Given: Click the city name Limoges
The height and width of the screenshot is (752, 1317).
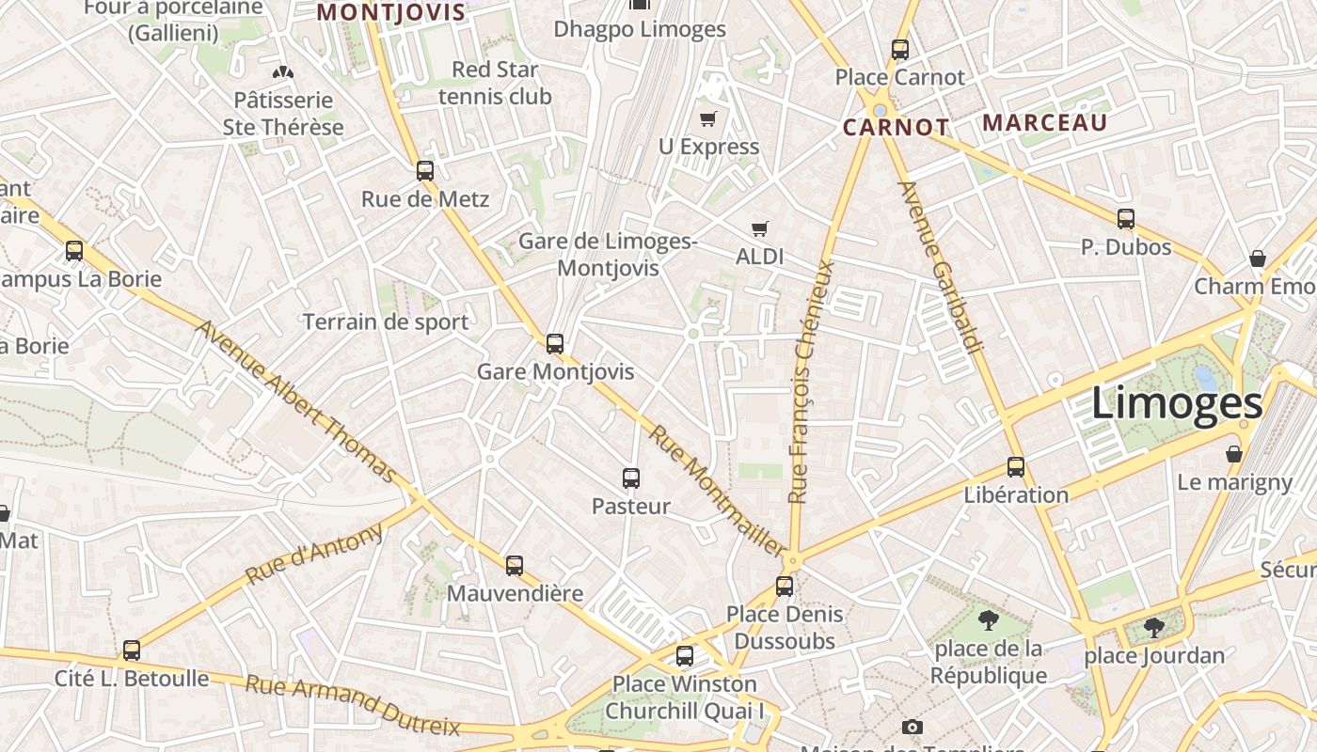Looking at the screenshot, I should [x=1176, y=404].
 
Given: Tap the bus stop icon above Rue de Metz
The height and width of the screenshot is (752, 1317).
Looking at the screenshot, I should [x=425, y=171].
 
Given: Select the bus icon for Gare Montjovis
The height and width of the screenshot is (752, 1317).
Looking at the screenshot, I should [x=555, y=344].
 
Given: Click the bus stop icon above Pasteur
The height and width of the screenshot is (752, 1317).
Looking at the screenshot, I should [x=631, y=478].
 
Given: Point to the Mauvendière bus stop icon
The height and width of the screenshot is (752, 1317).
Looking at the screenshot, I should [x=514, y=566].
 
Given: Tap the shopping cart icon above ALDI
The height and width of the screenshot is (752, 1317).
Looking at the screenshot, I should [x=760, y=228].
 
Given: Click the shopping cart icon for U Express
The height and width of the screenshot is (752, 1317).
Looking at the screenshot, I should [x=708, y=118].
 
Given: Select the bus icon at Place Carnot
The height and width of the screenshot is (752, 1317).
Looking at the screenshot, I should [x=900, y=50].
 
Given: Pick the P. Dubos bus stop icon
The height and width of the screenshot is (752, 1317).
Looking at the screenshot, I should [x=1126, y=219].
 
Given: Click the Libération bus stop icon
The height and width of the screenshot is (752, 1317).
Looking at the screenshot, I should [x=1016, y=467].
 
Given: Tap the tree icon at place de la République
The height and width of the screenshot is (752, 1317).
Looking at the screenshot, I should [x=988, y=620].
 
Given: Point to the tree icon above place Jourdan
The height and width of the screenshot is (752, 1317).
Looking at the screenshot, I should [x=1154, y=627].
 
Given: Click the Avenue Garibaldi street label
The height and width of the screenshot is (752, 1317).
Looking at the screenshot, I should [x=941, y=268].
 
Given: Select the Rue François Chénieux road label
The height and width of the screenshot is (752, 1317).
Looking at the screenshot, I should [x=812, y=381].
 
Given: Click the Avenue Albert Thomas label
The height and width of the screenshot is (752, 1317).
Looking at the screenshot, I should [x=296, y=401].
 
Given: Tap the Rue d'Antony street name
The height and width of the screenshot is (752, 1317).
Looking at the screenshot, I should [x=315, y=554].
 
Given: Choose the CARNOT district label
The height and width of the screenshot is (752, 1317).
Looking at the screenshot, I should [x=896, y=128].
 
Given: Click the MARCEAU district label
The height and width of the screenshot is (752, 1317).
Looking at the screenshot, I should [x=1045, y=123].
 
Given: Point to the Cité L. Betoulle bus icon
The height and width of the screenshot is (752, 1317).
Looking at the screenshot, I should [x=132, y=650].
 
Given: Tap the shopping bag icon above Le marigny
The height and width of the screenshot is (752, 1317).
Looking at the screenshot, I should [x=1234, y=455].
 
